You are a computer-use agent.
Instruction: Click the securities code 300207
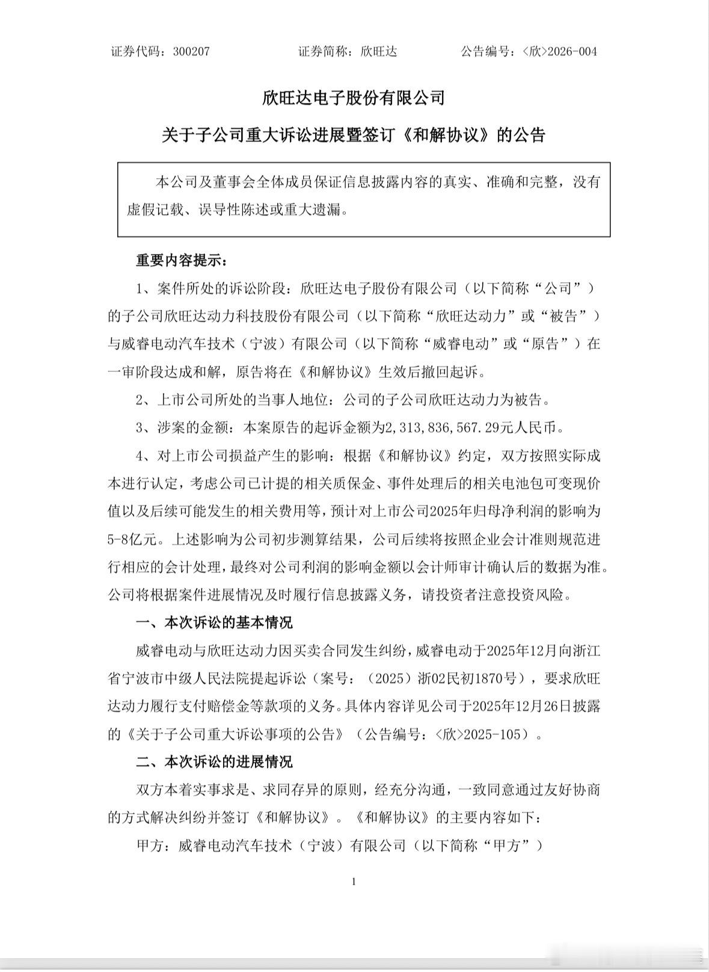click(191, 52)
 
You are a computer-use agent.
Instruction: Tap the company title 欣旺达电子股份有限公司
click(354, 98)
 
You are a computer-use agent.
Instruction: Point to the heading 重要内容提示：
click(182, 261)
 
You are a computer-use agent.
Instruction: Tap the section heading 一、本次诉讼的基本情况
click(214, 622)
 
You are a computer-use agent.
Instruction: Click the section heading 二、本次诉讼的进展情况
click(214, 762)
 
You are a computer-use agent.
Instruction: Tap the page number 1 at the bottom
click(354, 882)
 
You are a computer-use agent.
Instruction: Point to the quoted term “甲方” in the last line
click(522, 846)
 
